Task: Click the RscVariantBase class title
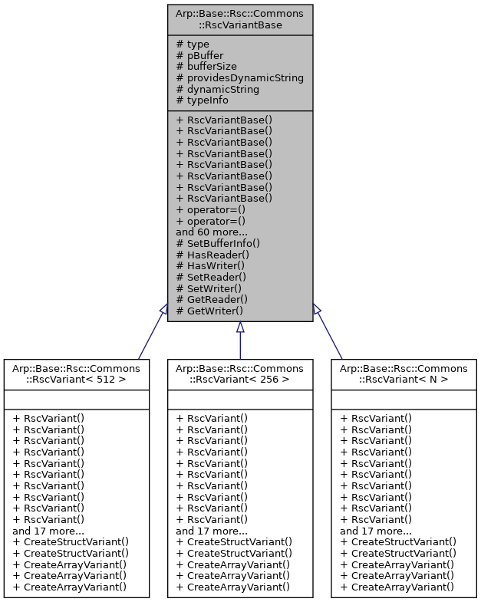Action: pyautogui.click(x=240, y=18)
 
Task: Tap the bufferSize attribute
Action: pyautogui.click(x=206, y=67)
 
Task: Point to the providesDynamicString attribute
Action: pyautogui.click(x=239, y=77)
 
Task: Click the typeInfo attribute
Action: pyautogui.click(x=202, y=100)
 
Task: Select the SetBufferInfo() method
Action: pyautogui.click(x=218, y=243)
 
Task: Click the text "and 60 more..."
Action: pyautogui.click(x=212, y=232)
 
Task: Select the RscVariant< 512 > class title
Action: pyautogui.click(x=76, y=374)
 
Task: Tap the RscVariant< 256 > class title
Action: pyautogui.click(x=240, y=374)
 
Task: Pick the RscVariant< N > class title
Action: pyautogui.click(x=404, y=374)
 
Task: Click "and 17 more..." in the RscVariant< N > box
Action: pyautogui.click(x=375, y=531)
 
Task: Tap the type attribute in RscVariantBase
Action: pyautogui.click(x=198, y=44)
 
